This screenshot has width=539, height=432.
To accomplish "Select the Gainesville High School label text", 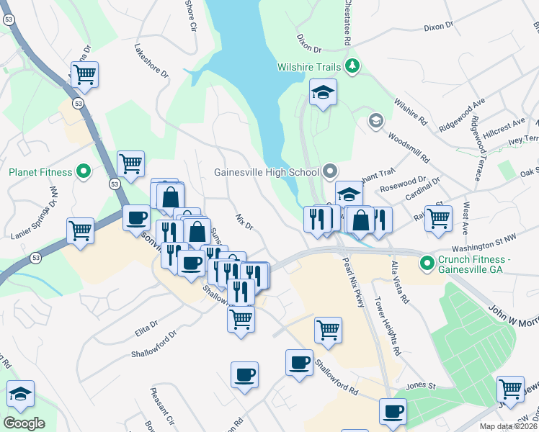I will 266,172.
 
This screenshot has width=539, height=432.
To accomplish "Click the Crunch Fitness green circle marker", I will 427,261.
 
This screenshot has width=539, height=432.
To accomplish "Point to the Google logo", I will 24,423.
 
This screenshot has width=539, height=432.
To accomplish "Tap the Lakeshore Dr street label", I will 151,62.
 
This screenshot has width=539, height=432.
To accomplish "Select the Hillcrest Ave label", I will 504,129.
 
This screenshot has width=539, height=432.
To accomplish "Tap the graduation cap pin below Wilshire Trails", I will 324,92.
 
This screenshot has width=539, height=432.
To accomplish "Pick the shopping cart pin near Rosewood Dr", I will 438,217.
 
